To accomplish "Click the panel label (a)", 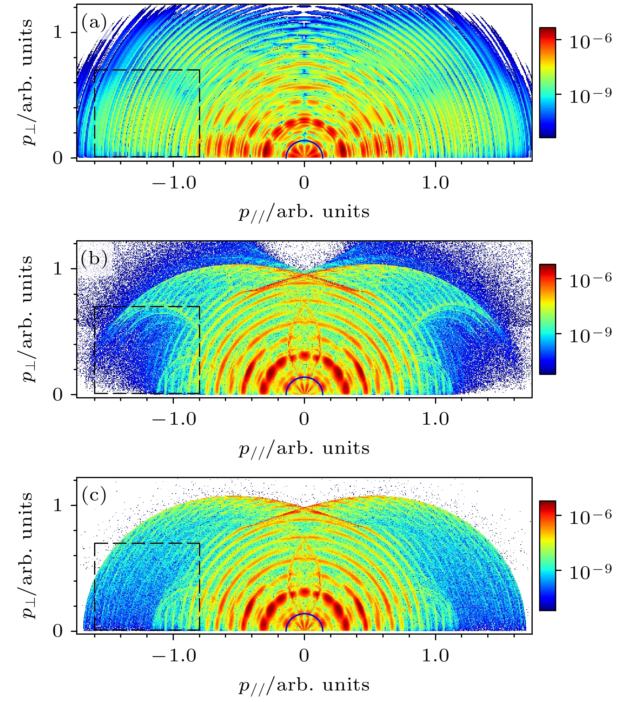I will pyautogui.click(x=94, y=22).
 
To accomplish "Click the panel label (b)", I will pyautogui.click(x=94, y=259).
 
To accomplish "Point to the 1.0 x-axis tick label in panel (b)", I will pyautogui.click(x=435, y=419).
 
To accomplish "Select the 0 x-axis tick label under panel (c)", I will pyautogui.click(x=304, y=656).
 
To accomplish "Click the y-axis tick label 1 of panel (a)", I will pyautogui.click(x=58, y=32).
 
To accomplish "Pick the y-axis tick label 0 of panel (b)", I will pyautogui.click(x=58, y=394).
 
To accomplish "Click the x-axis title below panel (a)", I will pyautogui.click(x=304, y=212).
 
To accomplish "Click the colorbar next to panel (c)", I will pyautogui.click(x=547, y=555).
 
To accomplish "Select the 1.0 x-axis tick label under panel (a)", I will pyautogui.click(x=435, y=183).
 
